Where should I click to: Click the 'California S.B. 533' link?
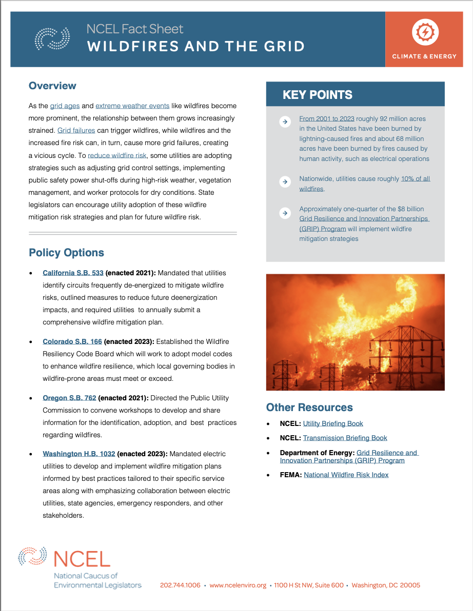tap(73, 273)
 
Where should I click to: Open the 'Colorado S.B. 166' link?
tap(72, 341)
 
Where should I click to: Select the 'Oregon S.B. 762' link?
tap(69, 398)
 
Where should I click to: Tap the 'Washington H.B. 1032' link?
tap(79, 454)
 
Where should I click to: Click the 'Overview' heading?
tap(52, 86)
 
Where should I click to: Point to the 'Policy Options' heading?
tap(66, 253)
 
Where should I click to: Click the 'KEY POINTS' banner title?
tap(318, 95)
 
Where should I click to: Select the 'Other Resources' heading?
tap(309, 408)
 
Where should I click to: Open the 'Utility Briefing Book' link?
tap(333, 423)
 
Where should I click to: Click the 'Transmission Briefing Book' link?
tap(345, 438)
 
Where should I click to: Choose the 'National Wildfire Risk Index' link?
tap(346, 475)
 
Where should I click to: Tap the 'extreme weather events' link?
tap(132, 106)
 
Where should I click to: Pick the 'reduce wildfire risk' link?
tap(117, 155)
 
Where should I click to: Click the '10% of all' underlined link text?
tap(416, 179)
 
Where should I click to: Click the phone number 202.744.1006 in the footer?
tap(180, 585)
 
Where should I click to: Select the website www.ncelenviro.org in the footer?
tap(238, 585)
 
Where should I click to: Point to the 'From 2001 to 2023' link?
tap(327, 118)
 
